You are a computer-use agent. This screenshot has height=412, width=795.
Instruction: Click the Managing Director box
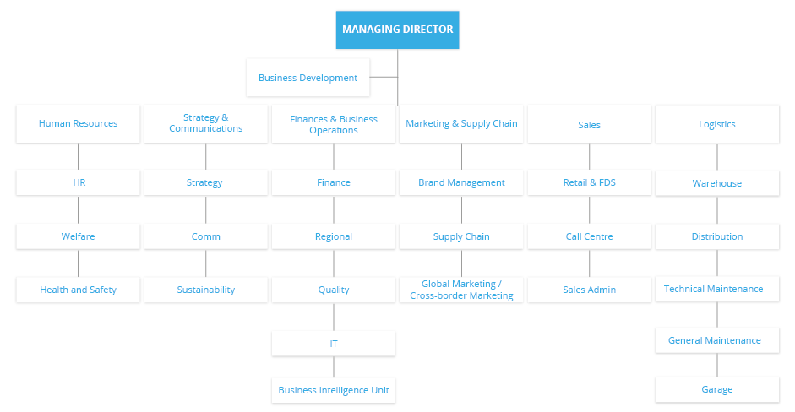(x=397, y=30)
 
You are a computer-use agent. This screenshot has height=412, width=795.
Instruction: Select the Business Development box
(x=308, y=78)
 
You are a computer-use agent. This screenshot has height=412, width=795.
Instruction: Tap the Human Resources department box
(x=78, y=124)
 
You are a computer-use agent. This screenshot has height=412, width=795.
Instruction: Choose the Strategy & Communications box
(x=205, y=124)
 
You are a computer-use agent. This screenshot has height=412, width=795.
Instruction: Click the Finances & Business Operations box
(x=334, y=124)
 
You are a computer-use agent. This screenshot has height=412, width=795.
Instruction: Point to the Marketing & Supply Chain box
(x=461, y=124)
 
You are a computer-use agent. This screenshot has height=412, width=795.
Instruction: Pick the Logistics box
(x=717, y=124)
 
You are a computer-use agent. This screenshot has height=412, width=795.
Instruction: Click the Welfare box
(x=78, y=236)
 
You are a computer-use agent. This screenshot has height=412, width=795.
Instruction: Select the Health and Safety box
(x=78, y=290)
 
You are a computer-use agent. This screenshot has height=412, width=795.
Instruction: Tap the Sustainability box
(x=205, y=290)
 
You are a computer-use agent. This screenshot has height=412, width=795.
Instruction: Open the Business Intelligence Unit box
(x=334, y=391)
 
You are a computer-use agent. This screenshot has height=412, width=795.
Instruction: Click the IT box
(x=334, y=344)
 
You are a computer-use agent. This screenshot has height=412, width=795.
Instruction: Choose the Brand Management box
(x=461, y=182)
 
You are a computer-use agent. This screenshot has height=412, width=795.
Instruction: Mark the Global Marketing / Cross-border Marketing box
(x=461, y=290)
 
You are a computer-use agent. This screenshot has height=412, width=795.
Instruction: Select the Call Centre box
(x=589, y=236)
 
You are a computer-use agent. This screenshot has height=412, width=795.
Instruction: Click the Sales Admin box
(x=589, y=290)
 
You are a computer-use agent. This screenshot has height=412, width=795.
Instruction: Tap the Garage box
(x=717, y=389)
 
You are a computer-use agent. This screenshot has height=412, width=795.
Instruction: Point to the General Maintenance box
(x=717, y=340)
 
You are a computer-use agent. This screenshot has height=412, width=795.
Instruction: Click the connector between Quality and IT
(x=334, y=317)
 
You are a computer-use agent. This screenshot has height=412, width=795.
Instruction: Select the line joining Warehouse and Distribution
(x=717, y=209)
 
